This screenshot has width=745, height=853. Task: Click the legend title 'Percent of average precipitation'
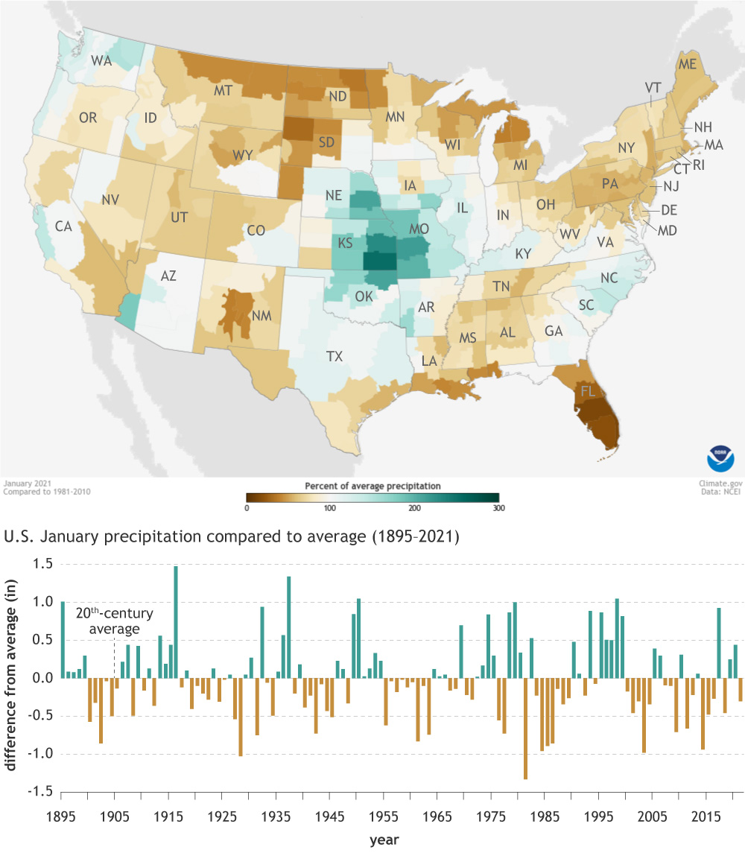(x=372, y=486)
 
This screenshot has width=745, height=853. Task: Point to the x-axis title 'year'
(x=384, y=840)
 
